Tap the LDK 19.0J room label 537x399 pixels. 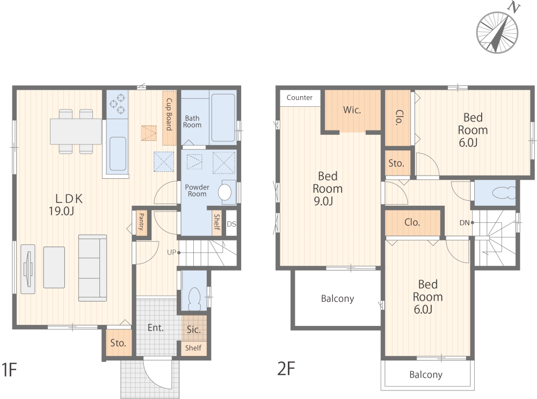pos(66,205)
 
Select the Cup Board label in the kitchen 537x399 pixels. pos(169,114)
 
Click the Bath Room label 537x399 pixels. pos(192,121)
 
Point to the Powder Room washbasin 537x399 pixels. pos(224,192)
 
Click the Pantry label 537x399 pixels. pos(141,222)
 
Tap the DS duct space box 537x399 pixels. pos(231,224)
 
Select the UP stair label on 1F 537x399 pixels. pos(171,252)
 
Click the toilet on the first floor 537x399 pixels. pos(194,299)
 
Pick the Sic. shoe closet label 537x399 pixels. pos(193,330)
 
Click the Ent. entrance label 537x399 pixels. pos(156,328)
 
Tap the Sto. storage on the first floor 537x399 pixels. pos(118,343)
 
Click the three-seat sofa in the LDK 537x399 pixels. pos(92,268)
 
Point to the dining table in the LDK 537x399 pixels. pos(76,131)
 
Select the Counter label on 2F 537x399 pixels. pos(300,98)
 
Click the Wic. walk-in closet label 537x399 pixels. pos(352,110)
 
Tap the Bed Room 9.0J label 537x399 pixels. pos(328,188)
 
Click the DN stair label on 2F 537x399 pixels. pos(465,223)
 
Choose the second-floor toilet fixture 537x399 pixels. pos(504,193)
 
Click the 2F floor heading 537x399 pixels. pos(286,368)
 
